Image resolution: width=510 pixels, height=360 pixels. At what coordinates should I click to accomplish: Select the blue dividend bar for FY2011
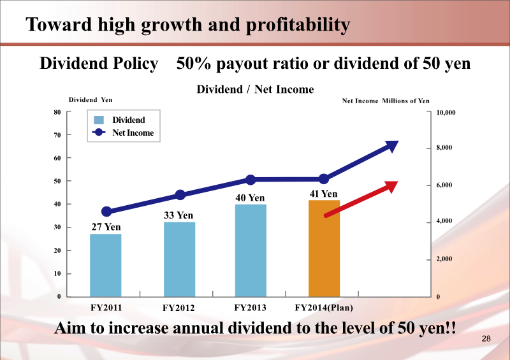[105, 265]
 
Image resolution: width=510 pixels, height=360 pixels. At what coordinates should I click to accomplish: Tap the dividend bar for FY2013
[251, 250]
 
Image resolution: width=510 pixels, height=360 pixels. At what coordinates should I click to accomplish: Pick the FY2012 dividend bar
[179, 259]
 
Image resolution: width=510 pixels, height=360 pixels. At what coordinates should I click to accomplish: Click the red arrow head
[390, 186]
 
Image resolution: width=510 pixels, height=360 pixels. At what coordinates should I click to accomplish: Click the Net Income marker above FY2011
[106, 212]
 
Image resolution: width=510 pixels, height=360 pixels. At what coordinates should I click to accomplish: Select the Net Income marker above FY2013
[251, 180]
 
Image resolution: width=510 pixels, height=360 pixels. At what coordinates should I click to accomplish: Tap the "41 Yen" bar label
[324, 194]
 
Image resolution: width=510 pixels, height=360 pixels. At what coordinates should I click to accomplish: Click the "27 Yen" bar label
[106, 227]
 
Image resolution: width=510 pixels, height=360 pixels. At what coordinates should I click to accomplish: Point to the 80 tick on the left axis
[57, 112]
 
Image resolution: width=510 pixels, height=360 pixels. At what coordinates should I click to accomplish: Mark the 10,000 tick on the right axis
[446, 113]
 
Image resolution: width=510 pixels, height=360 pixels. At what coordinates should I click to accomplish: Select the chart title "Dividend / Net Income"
[255, 89]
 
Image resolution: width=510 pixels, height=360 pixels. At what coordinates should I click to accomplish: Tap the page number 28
[486, 338]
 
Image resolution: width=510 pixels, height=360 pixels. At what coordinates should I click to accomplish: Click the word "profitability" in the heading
[299, 25]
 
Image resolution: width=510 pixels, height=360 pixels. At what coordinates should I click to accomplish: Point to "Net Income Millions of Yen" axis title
[386, 101]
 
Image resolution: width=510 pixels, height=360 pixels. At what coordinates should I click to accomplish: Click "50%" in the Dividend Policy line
[194, 64]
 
